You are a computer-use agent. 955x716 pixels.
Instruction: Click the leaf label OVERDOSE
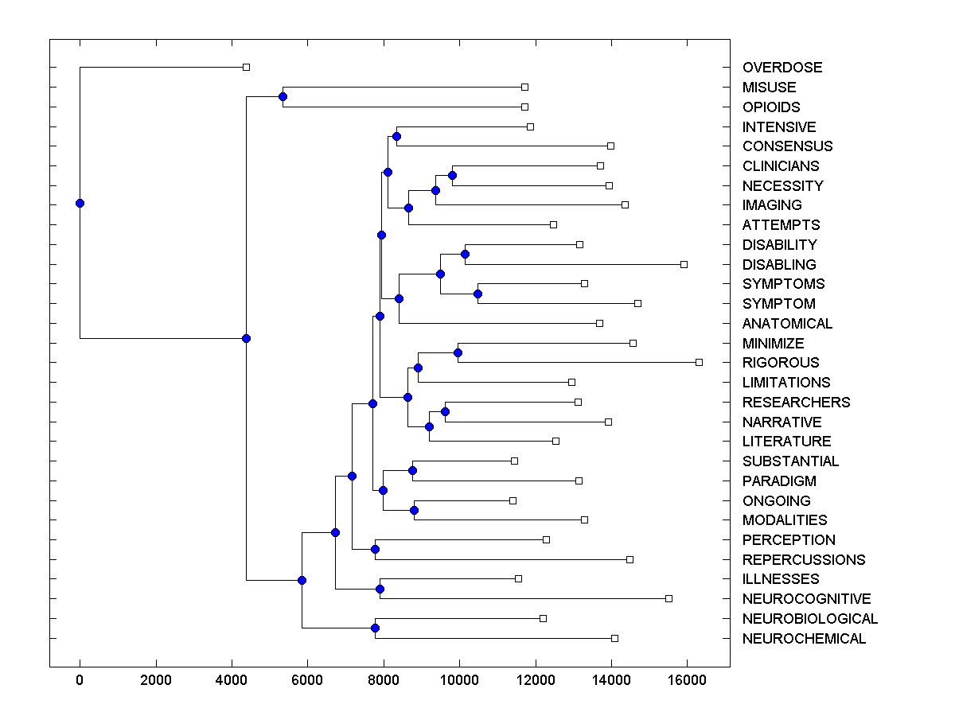click(782, 68)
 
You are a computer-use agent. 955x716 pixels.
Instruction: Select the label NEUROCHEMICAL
click(804, 639)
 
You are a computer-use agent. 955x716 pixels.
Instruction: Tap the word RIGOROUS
click(781, 363)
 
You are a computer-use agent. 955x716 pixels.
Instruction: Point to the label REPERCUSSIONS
click(804, 560)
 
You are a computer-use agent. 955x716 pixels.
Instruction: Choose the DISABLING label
click(779, 265)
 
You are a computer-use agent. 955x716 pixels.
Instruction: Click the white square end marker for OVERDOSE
click(246, 68)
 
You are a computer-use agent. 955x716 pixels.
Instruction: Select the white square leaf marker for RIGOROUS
click(699, 363)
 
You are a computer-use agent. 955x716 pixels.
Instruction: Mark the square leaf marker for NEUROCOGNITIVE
click(668, 598)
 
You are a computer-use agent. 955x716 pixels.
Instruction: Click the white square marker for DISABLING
click(684, 264)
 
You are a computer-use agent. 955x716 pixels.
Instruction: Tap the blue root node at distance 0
click(80, 203)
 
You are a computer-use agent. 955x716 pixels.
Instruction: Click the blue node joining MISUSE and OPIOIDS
click(283, 96)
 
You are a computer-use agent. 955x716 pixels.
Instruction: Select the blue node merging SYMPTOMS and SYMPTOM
click(477, 294)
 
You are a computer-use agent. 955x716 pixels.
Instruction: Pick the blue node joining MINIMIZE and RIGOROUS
click(458, 352)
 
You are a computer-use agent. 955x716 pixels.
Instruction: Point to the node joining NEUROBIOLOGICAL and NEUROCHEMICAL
click(375, 628)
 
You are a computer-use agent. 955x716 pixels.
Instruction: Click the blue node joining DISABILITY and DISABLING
click(465, 254)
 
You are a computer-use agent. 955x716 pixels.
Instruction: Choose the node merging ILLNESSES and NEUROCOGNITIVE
click(380, 589)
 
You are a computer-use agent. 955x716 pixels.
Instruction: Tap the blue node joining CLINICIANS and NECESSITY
click(452, 175)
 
